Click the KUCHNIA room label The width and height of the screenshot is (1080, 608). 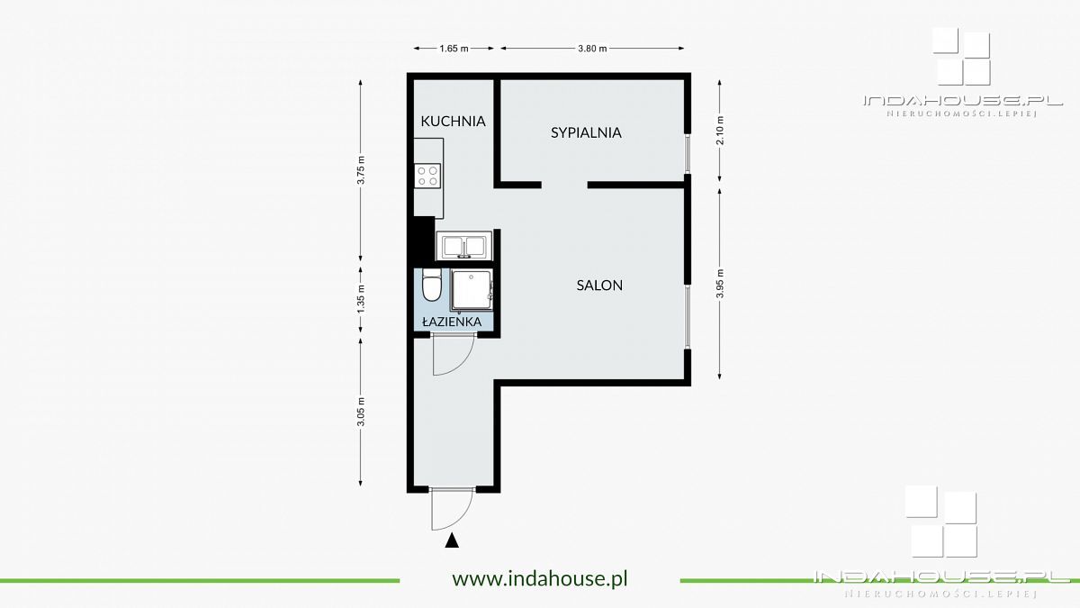tap(453, 121)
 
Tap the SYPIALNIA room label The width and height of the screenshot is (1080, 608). tap(586, 132)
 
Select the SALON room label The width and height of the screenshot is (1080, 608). tap(599, 286)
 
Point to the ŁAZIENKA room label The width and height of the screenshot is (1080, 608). tap(452, 322)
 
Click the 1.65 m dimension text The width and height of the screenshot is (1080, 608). tap(454, 49)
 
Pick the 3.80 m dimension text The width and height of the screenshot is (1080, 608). tap(592, 49)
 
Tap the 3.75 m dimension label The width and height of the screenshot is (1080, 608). tap(361, 170)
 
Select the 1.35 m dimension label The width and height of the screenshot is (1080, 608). tap(361, 299)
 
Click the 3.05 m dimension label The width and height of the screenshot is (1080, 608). tap(361, 412)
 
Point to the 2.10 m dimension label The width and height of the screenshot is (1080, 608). tap(720, 131)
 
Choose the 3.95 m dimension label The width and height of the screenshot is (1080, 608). tap(720, 283)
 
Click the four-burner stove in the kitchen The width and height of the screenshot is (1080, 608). tap(427, 176)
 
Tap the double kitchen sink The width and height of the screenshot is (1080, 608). tap(463, 246)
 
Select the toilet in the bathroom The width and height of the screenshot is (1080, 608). tap(431, 285)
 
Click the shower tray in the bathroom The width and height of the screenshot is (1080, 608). tap(472, 289)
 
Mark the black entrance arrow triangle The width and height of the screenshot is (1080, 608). tap(452, 540)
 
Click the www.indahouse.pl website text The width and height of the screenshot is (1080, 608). tap(540, 578)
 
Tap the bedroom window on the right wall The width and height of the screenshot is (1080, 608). tap(688, 153)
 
